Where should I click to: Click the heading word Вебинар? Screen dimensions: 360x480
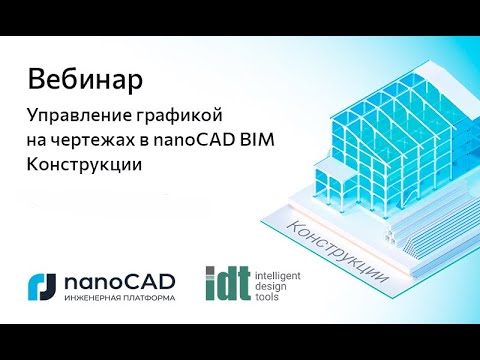click(84, 77)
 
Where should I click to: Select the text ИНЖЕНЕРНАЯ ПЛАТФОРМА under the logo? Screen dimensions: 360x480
click(119, 299)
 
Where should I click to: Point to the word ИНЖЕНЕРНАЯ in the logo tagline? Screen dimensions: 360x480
click(89, 299)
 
